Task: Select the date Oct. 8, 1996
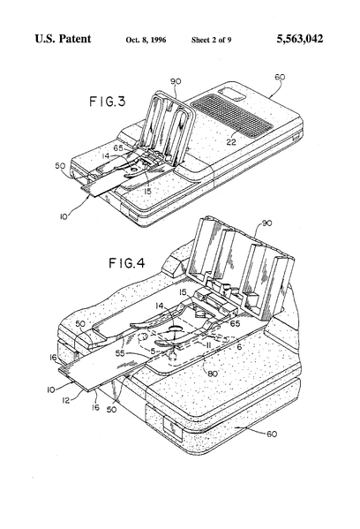pos(146,41)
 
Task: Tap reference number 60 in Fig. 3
pos(279,79)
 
